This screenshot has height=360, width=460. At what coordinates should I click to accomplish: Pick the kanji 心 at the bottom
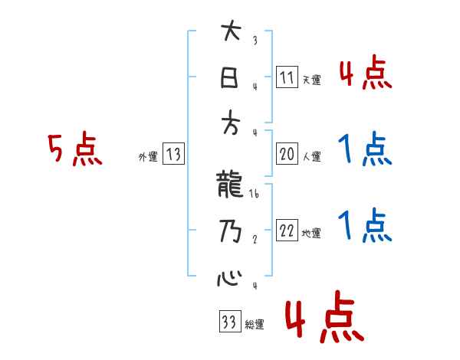228,277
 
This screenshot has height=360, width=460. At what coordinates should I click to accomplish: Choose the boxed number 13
173,155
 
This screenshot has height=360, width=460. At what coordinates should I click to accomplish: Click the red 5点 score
74,150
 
